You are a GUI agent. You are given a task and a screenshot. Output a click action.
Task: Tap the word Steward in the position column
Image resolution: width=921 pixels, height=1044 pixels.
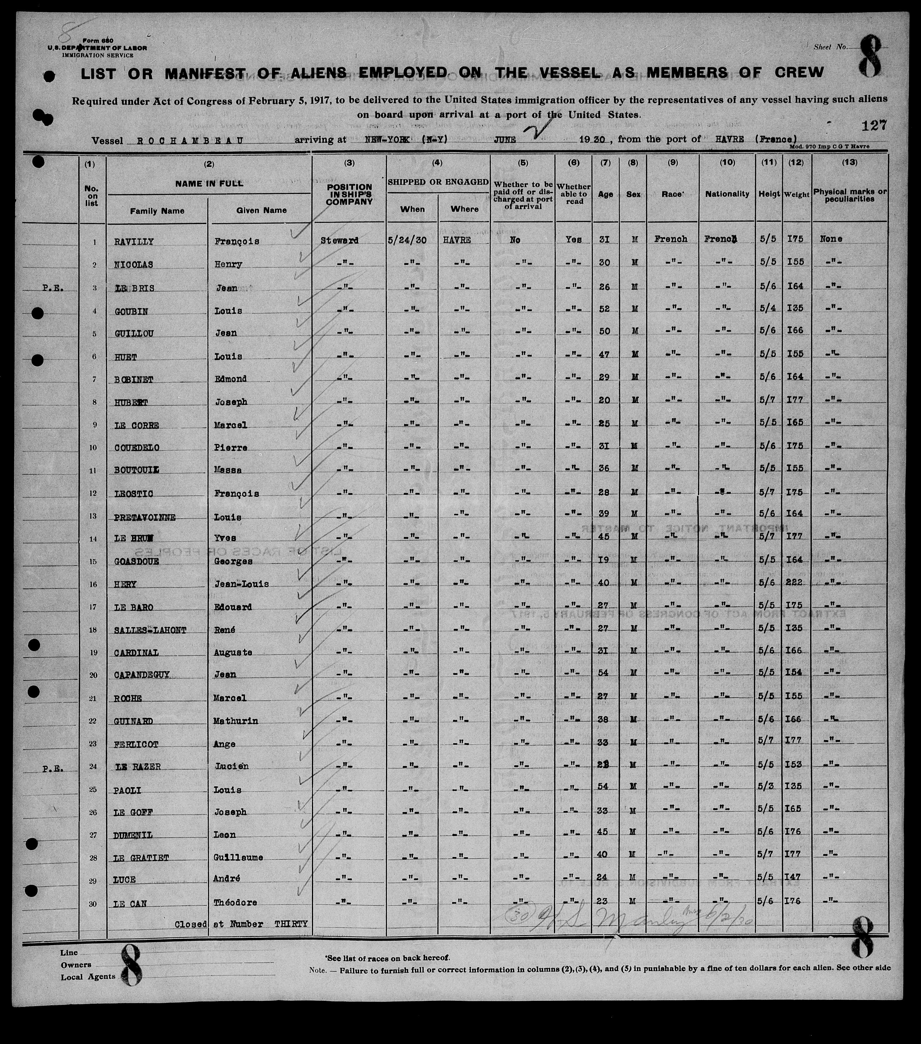pos(339,240)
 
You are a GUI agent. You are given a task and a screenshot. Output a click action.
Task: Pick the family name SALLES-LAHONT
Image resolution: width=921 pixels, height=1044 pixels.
pos(143,630)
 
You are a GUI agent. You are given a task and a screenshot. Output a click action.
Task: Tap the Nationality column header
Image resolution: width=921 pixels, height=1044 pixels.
pos(727,194)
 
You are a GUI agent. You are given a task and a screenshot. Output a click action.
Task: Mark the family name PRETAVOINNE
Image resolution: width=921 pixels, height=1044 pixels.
pos(145,517)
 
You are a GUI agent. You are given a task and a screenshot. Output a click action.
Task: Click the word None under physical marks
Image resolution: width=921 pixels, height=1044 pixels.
pos(831,239)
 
